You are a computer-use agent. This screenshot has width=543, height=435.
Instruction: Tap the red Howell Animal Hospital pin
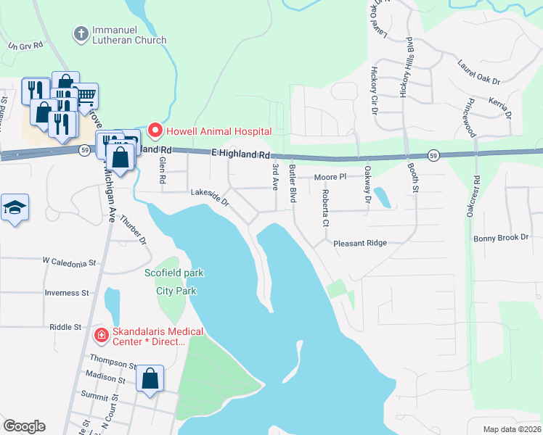coord(154,130)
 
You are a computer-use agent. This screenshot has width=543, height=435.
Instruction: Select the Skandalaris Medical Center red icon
coord(102,335)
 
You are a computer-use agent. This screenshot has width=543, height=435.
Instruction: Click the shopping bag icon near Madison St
coord(150,378)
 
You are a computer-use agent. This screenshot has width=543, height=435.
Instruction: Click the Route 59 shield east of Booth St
coord(433,155)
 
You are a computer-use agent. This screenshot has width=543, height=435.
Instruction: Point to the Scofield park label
coord(174,273)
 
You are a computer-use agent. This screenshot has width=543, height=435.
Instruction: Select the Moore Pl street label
coord(330,177)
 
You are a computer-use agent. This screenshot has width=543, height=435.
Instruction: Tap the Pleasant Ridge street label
coord(360,244)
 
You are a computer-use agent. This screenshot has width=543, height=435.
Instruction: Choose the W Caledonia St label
coord(70,262)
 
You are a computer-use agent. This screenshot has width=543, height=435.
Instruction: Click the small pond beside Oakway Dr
coord(383,197)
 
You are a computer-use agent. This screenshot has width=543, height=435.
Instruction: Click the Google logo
coord(24,426)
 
